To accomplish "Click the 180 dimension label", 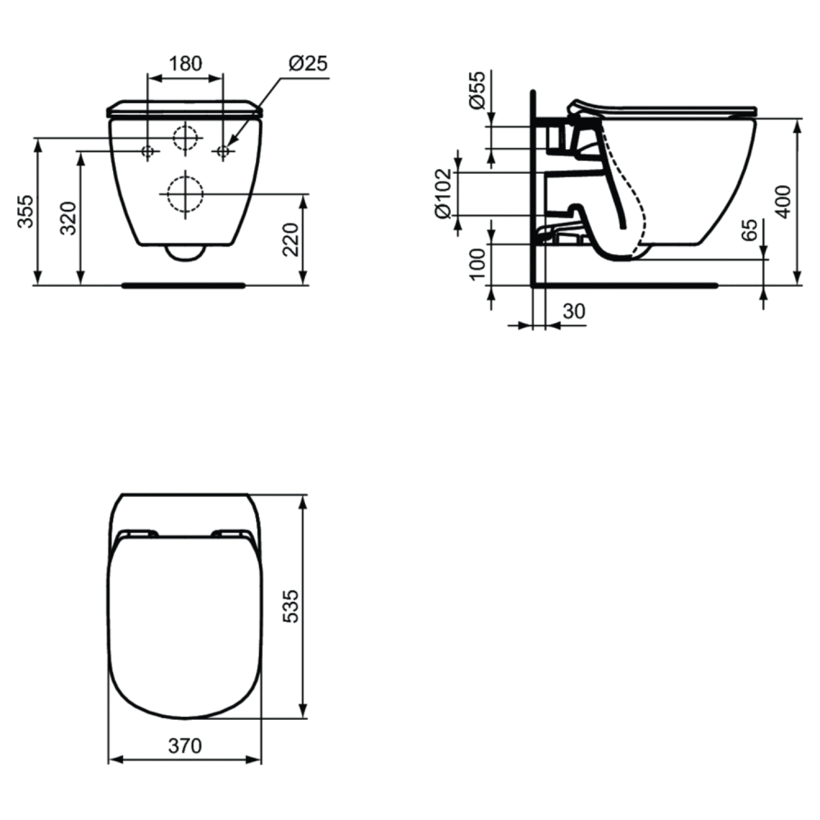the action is (185, 63).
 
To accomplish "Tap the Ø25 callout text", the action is (308, 63).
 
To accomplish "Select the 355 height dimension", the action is (25, 212).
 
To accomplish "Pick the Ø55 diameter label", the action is (477, 90).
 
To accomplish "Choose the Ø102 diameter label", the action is (443, 194).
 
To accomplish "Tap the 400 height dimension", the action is (783, 202).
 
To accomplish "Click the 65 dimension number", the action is (750, 230).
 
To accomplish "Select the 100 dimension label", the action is (477, 264).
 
